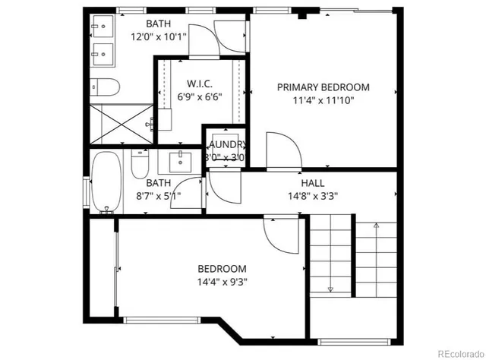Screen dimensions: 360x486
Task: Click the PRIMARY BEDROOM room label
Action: tap(323, 87)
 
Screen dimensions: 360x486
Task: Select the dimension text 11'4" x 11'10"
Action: tap(323, 99)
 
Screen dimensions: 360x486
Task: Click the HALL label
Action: tap(312, 183)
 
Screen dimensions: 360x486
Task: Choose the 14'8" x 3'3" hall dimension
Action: tap(312, 195)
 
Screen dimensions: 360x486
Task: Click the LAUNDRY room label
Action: tap(226, 144)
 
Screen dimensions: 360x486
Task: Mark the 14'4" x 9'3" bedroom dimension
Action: tap(222, 282)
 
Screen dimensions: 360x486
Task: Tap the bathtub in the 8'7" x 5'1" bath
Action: tap(106, 182)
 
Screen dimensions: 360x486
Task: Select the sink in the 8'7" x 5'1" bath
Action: tap(180, 161)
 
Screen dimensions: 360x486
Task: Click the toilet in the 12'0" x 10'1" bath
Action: tap(103, 86)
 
